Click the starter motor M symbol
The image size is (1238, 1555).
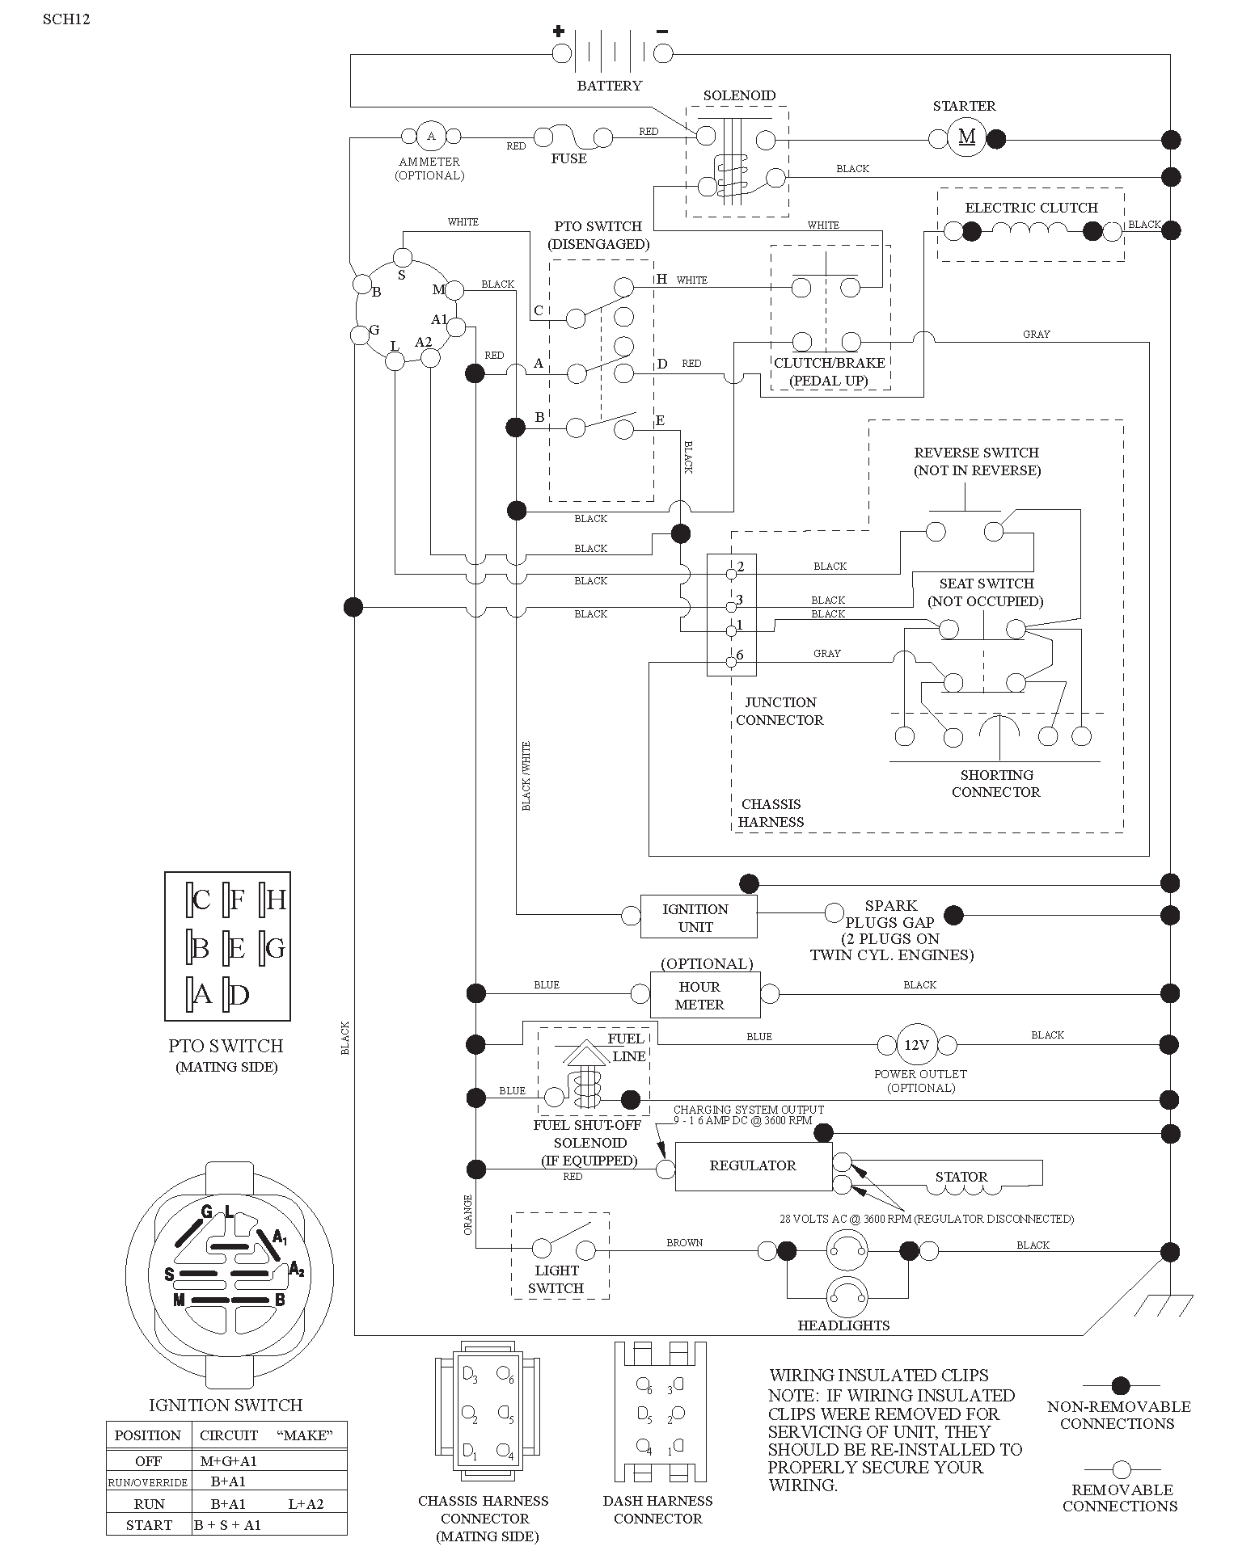(x=966, y=137)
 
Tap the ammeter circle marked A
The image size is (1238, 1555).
(x=431, y=136)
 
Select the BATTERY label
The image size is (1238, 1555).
(x=609, y=86)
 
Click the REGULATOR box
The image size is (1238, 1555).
(x=753, y=1165)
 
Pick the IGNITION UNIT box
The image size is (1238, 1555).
(x=699, y=917)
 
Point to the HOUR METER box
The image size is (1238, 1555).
(x=705, y=995)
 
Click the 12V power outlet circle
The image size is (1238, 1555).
(x=916, y=1044)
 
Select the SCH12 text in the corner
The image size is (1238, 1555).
(x=66, y=19)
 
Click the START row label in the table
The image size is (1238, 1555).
(x=149, y=1525)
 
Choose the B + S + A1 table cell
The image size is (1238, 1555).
(x=228, y=1525)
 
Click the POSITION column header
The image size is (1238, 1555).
(x=148, y=1435)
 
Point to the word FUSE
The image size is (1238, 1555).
(x=568, y=158)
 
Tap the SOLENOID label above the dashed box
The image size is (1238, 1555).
(x=739, y=95)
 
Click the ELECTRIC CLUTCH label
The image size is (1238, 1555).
(x=1031, y=208)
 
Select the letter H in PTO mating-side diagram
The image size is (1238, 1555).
(x=276, y=900)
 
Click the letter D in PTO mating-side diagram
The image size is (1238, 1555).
(x=239, y=995)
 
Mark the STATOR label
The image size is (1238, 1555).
(x=961, y=1177)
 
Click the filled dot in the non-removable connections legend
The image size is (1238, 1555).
(x=1121, y=1386)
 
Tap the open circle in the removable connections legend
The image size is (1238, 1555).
(x=1121, y=1469)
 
